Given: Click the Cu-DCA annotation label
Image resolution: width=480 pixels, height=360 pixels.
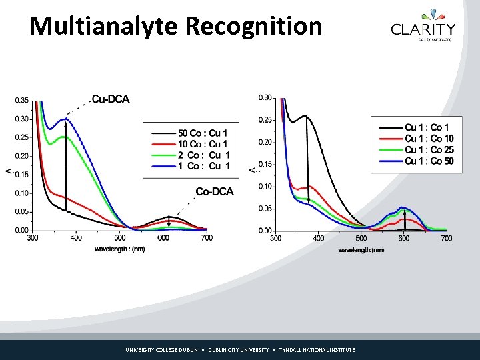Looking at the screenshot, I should click(x=111, y=99).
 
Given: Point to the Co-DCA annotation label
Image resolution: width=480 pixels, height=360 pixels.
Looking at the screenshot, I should click(x=215, y=192).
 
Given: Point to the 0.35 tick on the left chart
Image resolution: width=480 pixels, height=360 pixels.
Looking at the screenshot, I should click(x=21, y=101).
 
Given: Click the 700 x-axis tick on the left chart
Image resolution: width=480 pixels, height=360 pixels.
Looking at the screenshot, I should click(x=207, y=238).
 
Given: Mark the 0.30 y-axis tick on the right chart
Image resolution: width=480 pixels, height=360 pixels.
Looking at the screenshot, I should click(x=265, y=98).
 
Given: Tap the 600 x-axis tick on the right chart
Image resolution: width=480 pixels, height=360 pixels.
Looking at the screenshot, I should click(x=403, y=238).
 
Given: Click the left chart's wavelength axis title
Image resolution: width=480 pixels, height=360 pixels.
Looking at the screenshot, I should click(x=119, y=249).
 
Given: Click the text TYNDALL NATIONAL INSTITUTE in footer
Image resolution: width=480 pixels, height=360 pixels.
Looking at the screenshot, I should click(x=317, y=350).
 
